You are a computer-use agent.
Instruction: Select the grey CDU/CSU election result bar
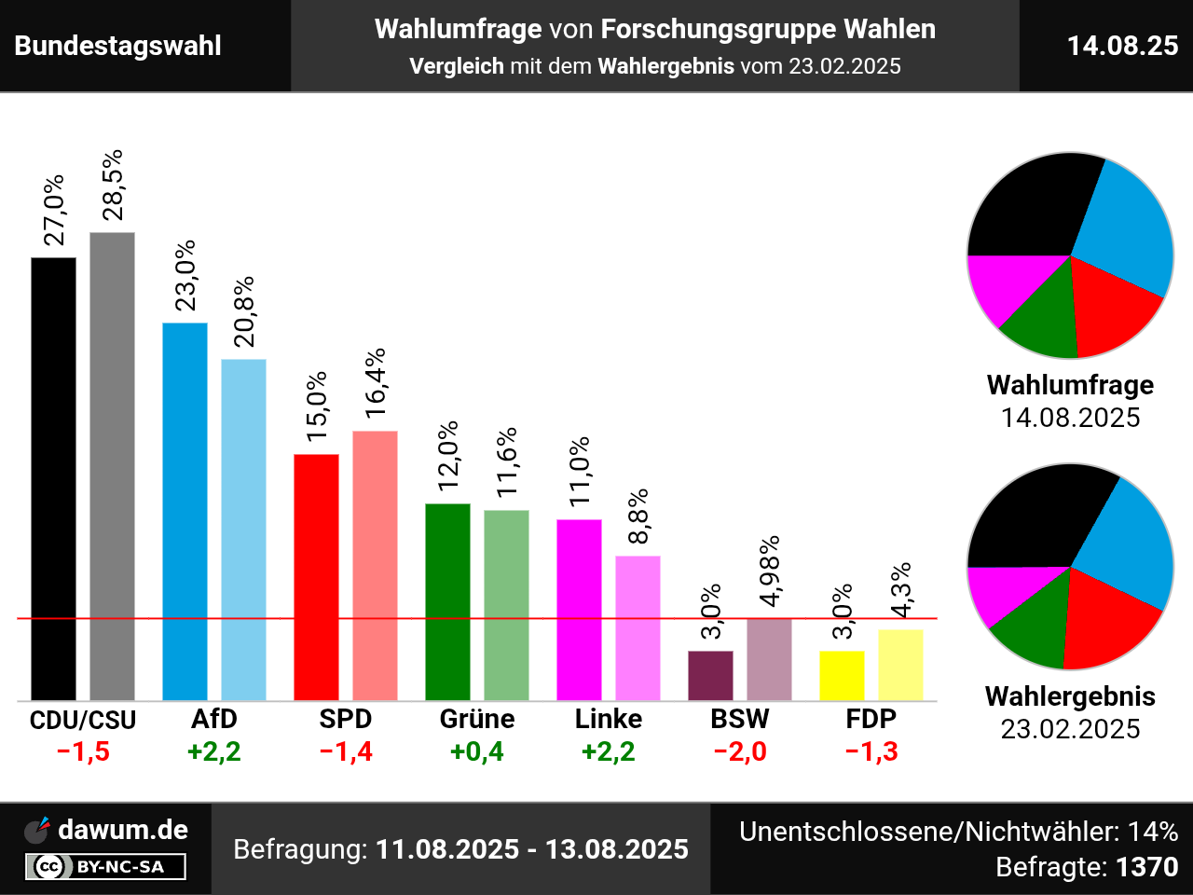[x=112, y=466]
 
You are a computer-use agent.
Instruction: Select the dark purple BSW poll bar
[x=710, y=675]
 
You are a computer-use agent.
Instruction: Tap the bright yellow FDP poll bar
[x=842, y=675]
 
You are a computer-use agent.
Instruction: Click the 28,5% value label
[x=113, y=185]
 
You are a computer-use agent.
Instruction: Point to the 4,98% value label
[x=769, y=571]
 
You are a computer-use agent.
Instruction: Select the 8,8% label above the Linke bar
[x=638, y=516]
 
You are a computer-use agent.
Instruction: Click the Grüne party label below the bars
[x=477, y=719]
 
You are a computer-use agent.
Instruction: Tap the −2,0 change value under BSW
[x=740, y=751]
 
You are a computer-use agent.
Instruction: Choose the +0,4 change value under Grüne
[x=477, y=751]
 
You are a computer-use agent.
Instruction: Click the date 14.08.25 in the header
[x=1122, y=46]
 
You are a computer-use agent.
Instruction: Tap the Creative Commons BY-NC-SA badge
[x=105, y=867]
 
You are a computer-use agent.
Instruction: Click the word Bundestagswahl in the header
[x=118, y=46]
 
